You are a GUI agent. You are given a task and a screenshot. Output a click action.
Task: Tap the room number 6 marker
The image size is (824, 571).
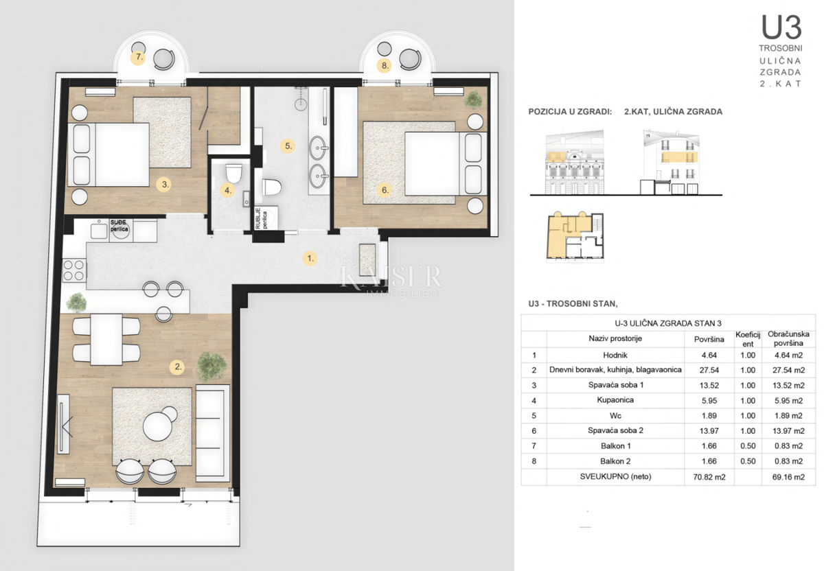pos(385,191)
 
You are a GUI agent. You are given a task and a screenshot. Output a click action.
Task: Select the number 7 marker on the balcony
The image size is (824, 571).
pos(139,58)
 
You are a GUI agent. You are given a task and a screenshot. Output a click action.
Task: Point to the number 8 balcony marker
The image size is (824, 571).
pos(385,66)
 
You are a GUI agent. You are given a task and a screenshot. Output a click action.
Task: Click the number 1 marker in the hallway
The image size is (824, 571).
pos(310,259)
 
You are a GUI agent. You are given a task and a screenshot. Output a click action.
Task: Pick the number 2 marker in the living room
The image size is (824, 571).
pos(179,366)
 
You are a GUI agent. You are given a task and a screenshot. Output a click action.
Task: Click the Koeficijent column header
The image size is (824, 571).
pos(748,338)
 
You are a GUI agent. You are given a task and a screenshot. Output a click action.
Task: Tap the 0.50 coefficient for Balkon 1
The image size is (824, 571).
pos(748,446)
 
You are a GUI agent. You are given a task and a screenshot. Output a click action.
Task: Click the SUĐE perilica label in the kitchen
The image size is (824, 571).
pos(120,224)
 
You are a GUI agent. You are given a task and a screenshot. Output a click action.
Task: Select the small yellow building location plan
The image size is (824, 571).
pos(575,237)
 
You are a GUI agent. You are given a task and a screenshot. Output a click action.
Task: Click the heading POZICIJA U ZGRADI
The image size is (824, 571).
pos(570,111)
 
